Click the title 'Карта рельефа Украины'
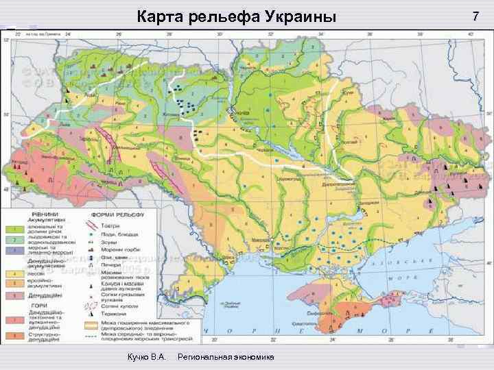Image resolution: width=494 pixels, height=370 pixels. (x=237, y=16)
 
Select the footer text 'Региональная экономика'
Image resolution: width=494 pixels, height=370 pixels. (x=226, y=358)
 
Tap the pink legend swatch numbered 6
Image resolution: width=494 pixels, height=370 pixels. (x=13, y=296)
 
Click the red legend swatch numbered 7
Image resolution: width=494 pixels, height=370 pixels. (x=13, y=320)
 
